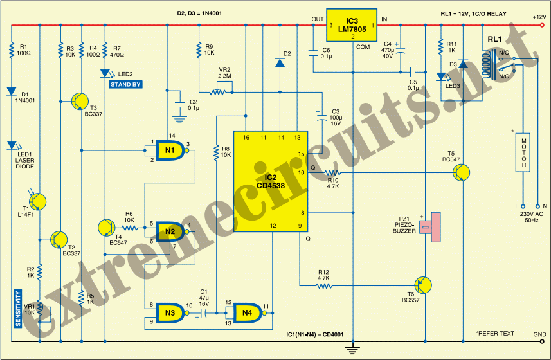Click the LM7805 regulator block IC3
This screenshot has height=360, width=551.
352,25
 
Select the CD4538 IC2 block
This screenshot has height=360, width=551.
271,181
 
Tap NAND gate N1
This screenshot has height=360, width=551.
170,150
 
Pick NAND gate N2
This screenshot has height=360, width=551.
170,231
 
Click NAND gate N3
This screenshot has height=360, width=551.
170,312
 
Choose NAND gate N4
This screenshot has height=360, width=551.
248,312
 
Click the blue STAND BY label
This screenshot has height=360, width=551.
125,84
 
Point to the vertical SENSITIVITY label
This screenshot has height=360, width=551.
18,309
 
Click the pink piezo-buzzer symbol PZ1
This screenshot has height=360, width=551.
431,227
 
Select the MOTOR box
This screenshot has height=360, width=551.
523,152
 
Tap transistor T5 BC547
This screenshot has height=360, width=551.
461,172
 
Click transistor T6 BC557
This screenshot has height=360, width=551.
423,285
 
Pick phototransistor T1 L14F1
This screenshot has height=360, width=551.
37,202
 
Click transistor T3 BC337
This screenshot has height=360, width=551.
80,101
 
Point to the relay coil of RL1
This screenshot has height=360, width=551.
486,65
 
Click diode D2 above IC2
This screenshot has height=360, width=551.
280,63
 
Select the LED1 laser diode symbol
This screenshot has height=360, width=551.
12,145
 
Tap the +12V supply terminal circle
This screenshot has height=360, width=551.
542,25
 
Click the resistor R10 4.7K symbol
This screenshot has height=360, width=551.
332,172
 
